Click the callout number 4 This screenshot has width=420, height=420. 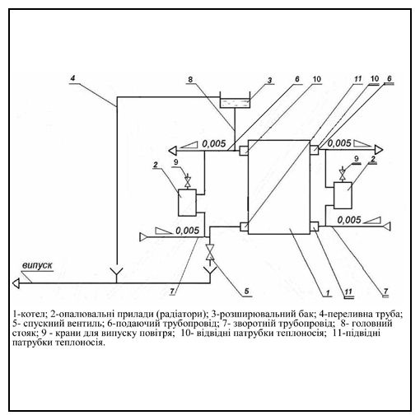tap(72, 78)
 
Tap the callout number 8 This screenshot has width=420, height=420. tap(190, 80)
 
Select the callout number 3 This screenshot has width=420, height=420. tap(270, 80)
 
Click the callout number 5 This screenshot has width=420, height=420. tap(246, 291)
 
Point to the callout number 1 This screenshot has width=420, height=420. tap(328, 292)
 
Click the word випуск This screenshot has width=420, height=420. tap(37, 265)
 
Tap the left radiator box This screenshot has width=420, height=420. tap(187, 203)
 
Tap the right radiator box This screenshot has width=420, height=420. tap(343, 195)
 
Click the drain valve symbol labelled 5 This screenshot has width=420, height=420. tap(210, 252)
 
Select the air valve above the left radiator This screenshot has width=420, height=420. tap(188, 181)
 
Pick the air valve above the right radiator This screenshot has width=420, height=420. tap(343, 174)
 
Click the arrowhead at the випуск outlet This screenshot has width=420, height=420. tap(16, 283)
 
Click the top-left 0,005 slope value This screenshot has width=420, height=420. tap(214, 143)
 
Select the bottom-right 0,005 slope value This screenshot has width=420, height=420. tap(349, 220)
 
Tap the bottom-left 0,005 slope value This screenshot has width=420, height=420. tap(187, 231)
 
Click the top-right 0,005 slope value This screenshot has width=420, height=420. tap(339, 143)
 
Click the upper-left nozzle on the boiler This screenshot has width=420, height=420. tap(244, 151)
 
